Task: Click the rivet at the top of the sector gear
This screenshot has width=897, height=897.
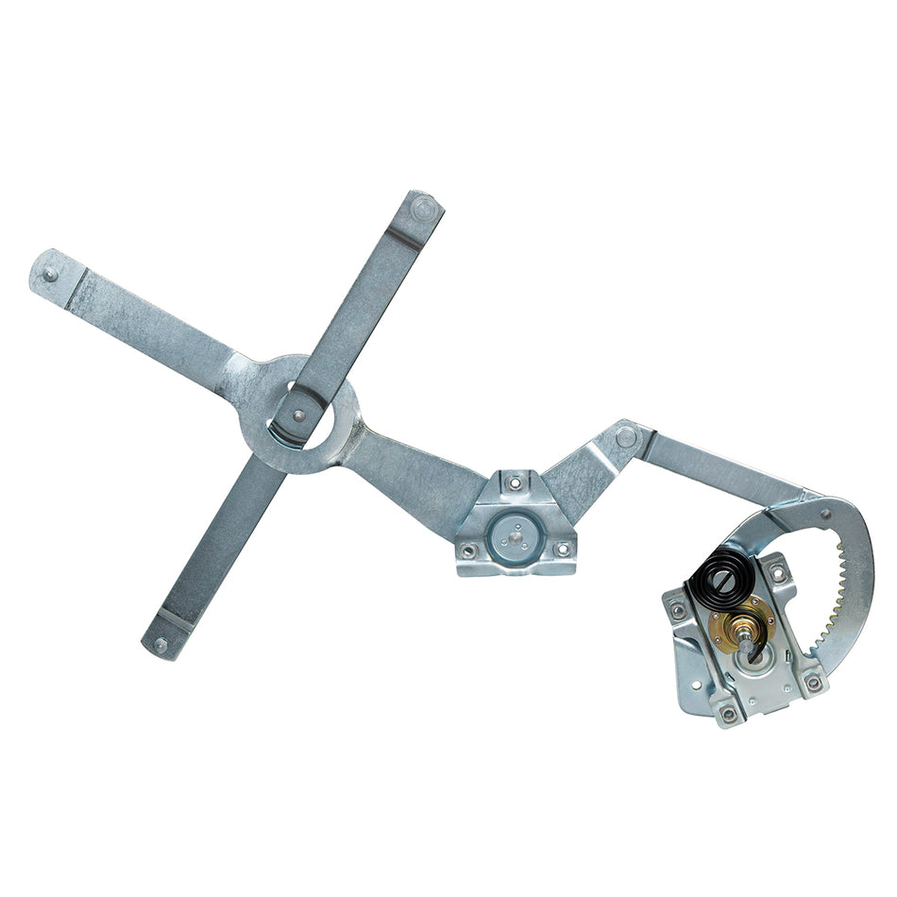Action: click(825, 515)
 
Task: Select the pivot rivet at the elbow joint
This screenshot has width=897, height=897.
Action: click(625, 436)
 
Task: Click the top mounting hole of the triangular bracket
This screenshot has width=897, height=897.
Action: click(514, 483)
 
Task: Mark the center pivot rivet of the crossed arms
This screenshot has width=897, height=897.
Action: click(299, 415)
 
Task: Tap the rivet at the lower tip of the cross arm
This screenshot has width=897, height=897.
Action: click(161, 646)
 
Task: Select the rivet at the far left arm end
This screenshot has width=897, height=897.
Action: click(49, 275)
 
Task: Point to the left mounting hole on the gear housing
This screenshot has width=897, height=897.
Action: click(678, 610)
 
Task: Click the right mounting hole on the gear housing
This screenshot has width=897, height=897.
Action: click(812, 680)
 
